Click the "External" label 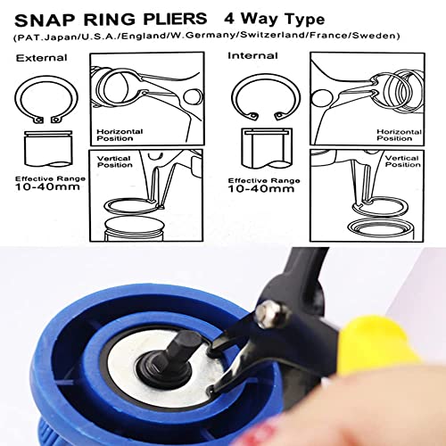[x=34, y=58]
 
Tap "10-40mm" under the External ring [x=43, y=189]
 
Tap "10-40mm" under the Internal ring [x=260, y=188]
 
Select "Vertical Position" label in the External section [x=115, y=161]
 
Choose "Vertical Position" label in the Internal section [x=401, y=161]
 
